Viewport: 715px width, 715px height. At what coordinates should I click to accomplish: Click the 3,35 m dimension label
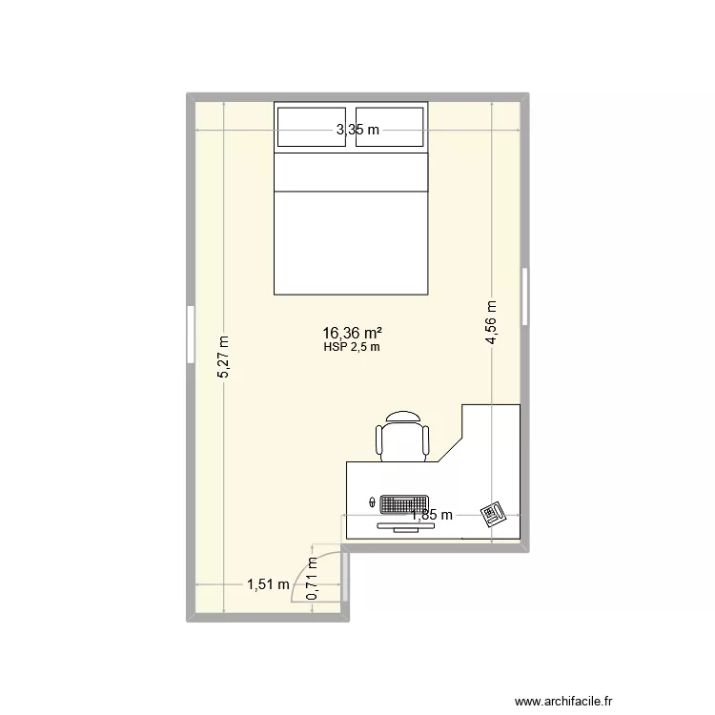357,131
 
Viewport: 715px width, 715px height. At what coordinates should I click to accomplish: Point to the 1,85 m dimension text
431,516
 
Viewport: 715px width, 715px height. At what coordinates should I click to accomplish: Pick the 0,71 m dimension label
312,580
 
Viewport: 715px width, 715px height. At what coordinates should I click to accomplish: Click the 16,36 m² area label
353,333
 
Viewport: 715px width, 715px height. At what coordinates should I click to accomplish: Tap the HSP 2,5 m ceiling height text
353,347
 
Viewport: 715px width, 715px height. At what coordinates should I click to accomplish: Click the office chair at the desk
404,439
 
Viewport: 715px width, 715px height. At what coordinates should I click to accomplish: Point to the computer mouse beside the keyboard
372,501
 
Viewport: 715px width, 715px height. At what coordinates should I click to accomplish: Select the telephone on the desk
493,514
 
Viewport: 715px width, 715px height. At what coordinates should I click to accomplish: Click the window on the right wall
524,296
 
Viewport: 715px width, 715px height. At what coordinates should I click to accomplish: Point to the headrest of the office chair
404,417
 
